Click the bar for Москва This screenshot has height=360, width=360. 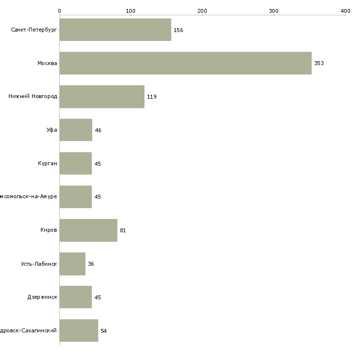[x=185, y=63]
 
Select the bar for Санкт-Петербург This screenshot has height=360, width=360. [x=115, y=30]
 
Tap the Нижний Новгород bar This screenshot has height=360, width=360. [x=102, y=97]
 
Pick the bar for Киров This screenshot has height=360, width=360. [x=88, y=230]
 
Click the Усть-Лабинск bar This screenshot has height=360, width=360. [x=72, y=264]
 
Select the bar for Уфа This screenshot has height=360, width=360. [x=76, y=130]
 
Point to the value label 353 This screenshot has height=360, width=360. [x=319, y=64]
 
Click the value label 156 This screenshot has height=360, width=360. [x=178, y=31]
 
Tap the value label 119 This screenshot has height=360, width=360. [x=151, y=97]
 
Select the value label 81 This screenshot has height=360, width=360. [x=123, y=231]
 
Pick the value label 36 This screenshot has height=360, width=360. [x=91, y=264]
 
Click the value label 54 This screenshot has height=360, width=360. [x=104, y=331]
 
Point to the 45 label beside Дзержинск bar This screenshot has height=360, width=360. [x=98, y=297]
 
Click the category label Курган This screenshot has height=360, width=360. [x=47, y=164]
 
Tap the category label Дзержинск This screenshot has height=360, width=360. [x=42, y=297]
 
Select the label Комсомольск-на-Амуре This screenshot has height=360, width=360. [x=29, y=197]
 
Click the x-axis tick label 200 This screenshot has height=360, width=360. [x=202, y=11]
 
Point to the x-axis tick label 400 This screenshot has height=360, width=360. [x=345, y=11]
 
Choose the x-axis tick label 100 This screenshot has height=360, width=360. [x=131, y=11]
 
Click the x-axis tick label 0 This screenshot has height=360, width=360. [x=59, y=11]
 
